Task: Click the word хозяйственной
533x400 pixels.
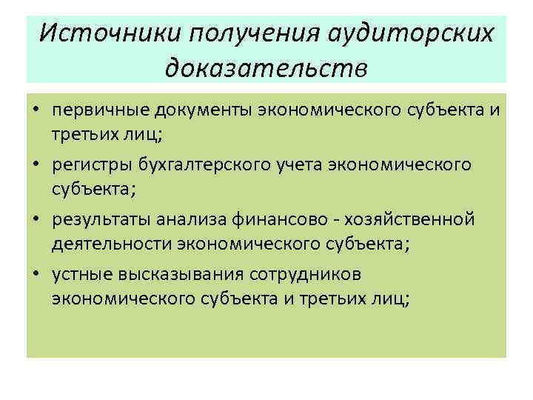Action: pyautogui.click(x=425, y=219)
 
